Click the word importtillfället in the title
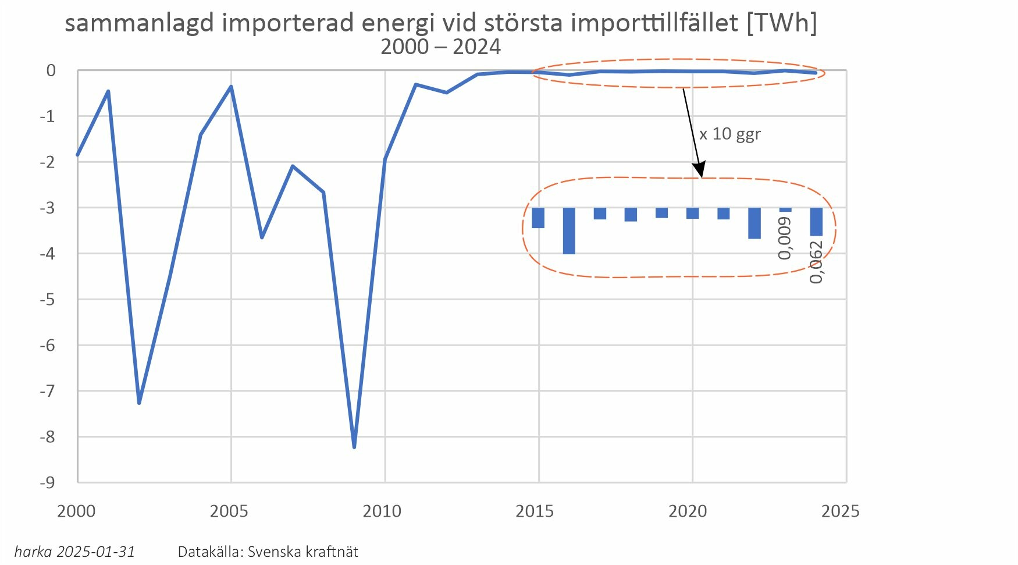(x=654, y=23)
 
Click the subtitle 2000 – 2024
(x=440, y=47)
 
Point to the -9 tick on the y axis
(x=47, y=482)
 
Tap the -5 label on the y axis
(x=47, y=299)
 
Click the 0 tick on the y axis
(x=51, y=70)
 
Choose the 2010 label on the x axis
(x=382, y=511)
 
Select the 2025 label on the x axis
(x=839, y=511)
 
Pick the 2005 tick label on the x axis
(x=229, y=511)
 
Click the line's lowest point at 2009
(x=354, y=447)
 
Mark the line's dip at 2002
(x=139, y=403)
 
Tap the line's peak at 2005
(x=231, y=87)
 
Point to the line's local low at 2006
(x=262, y=237)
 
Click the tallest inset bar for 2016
(x=569, y=230)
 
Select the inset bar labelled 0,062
(x=816, y=222)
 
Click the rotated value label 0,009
(x=785, y=238)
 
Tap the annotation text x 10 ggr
(x=729, y=134)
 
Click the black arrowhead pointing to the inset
(x=699, y=170)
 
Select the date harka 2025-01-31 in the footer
(x=74, y=552)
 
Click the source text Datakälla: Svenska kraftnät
(x=268, y=552)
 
